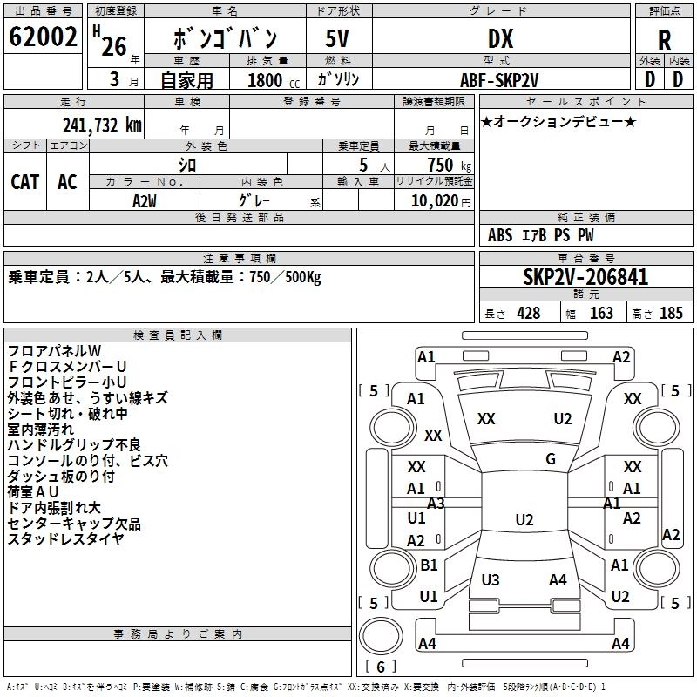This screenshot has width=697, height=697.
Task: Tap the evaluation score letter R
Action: tap(664, 40)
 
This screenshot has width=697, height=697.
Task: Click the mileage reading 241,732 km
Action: tap(102, 124)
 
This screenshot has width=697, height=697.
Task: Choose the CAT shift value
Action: tap(25, 181)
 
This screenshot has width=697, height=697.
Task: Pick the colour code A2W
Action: tap(145, 200)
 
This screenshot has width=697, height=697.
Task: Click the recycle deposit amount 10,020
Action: tap(435, 200)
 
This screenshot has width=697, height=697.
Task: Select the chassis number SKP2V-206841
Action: tap(585, 277)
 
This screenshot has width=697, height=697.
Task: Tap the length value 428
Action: tap(528, 313)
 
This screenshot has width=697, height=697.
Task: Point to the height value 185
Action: tap(671, 313)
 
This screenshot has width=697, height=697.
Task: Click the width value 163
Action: tap(601, 313)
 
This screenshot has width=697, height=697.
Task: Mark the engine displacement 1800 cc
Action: tap(266, 80)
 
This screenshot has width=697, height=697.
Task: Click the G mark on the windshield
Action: tap(551, 459)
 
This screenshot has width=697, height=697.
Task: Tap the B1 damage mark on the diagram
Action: tap(429, 565)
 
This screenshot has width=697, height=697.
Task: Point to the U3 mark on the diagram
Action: tap(491, 579)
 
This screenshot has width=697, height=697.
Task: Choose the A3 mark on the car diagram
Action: tap(436, 503)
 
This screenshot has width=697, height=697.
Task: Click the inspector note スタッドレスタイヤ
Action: tap(65, 539)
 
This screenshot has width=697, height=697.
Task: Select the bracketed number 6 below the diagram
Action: tap(381, 667)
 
